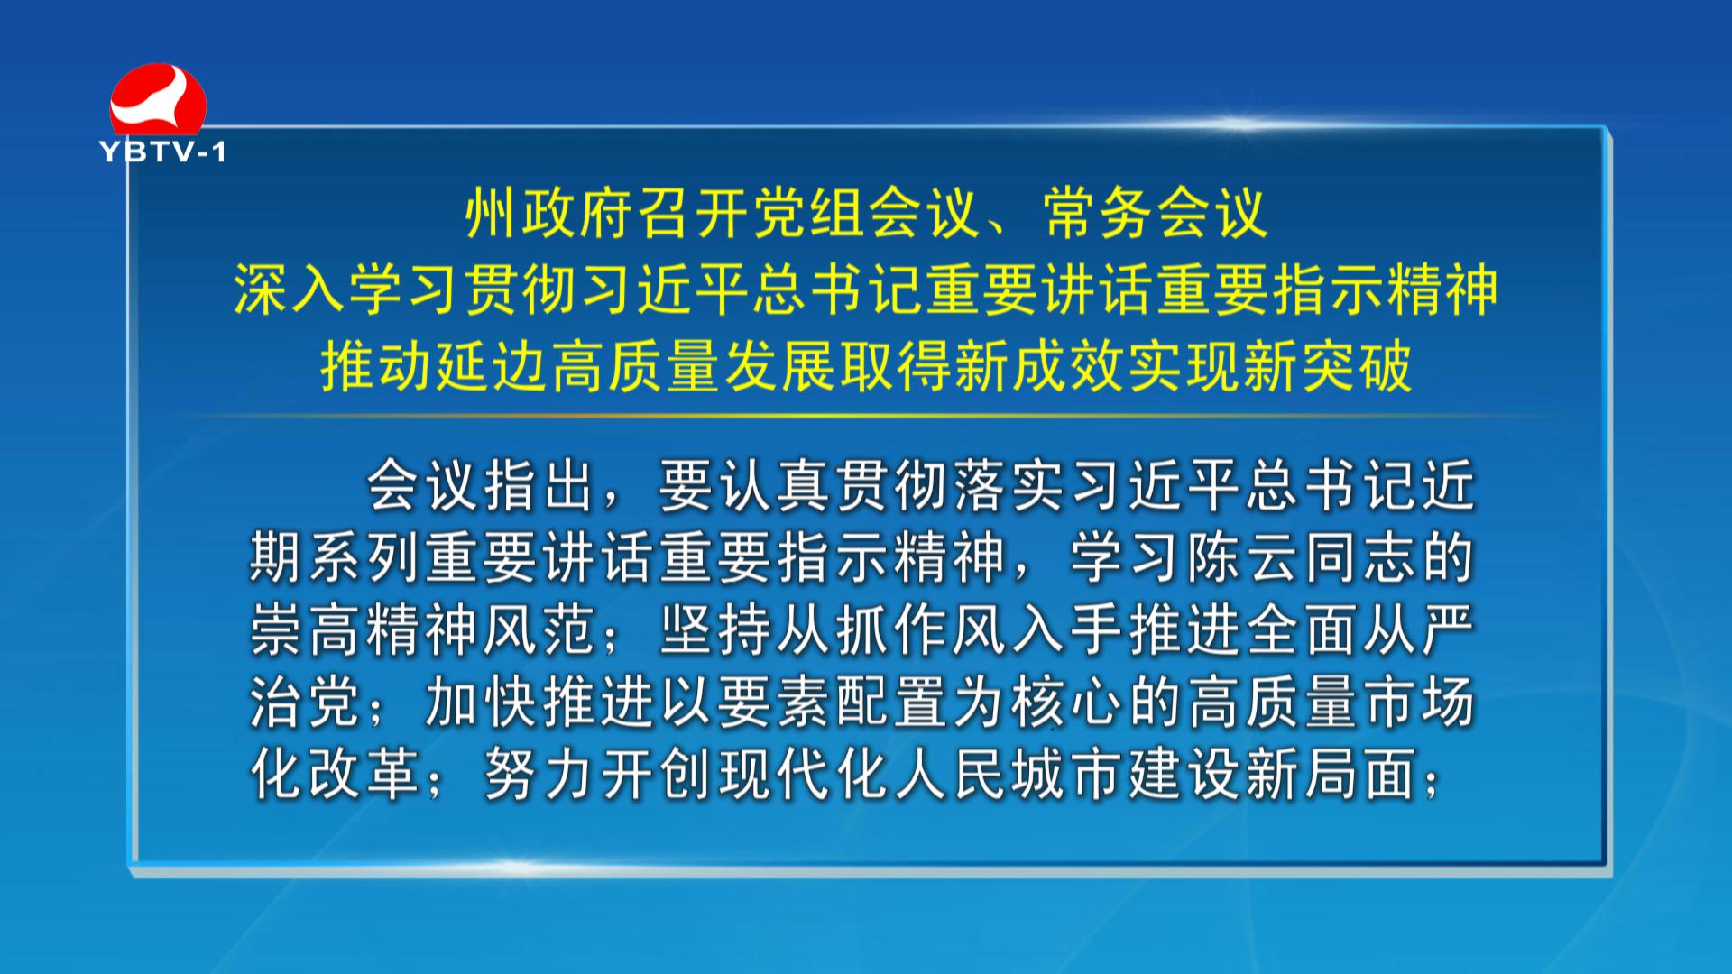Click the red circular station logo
coord(158,99)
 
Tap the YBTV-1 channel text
coord(162,152)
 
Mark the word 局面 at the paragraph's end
coord(1359,774)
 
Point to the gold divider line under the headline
coord(866,416)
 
